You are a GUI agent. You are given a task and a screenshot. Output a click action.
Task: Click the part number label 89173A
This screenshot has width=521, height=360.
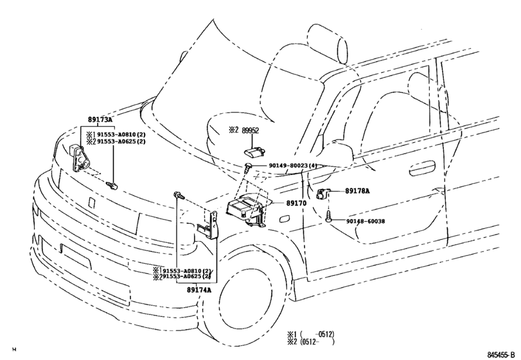click(100, 120)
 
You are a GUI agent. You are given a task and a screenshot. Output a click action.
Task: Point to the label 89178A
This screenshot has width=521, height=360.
click(358, 191)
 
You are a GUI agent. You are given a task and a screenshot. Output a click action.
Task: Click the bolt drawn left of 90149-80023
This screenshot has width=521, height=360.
click(249, 167)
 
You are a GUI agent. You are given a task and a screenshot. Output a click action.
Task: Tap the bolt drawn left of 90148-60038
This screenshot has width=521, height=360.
click(329, 219)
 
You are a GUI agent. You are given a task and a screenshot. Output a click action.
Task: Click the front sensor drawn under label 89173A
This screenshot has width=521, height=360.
click(80, 157)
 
